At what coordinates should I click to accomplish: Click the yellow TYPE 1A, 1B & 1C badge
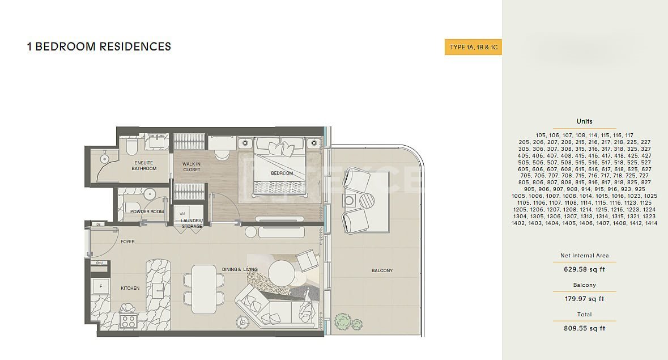coord(473,47)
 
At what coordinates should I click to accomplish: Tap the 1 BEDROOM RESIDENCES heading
coord(99,46)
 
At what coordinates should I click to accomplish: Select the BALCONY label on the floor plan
coord(382,270)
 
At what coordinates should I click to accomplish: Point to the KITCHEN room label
coord(130,288)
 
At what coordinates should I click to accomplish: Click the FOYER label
coord(127,242)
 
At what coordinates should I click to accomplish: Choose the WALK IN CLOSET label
coord(192,167)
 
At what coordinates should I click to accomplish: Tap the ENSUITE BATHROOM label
coord(144,166)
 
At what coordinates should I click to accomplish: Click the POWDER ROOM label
coord(147,211)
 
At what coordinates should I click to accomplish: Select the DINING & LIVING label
coord(240,269)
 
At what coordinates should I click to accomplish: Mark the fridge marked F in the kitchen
coord(101,286)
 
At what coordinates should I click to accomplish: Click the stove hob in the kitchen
coord(128,321)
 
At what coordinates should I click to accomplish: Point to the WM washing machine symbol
coord(182,213)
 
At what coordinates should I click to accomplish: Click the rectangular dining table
coord(203,289)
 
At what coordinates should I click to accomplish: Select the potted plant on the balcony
coord(348,322)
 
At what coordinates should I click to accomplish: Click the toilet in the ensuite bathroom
coord(131,147)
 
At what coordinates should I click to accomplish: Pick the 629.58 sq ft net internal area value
coord(585,269)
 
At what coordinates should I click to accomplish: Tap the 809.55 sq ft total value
coord(585,328)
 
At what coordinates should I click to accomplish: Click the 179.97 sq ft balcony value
coord(585,299)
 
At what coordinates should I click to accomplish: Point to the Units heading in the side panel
coord(585,121)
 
